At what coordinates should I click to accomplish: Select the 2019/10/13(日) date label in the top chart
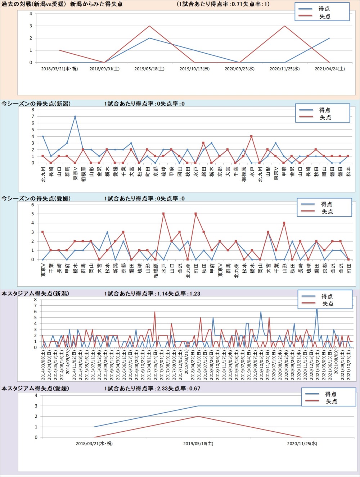[194, 69]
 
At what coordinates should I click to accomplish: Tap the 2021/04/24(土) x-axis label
[329, 69]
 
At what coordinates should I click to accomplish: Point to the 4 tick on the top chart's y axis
[31, 14]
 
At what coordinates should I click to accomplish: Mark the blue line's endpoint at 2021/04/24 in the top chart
[329, 38]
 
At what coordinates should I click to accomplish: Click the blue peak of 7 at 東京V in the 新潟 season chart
[75, 116]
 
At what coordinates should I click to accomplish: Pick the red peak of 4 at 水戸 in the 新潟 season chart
[251, 136]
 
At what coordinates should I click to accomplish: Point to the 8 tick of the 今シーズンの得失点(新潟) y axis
[33, 110]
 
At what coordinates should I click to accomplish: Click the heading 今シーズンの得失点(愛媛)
[36, 199]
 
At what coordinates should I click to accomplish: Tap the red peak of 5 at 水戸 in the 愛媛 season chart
[163, 214]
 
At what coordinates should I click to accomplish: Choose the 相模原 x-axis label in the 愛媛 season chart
[156, 271]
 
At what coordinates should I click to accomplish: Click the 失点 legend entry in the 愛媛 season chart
[327, 212]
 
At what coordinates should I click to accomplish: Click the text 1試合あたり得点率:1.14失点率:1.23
[152, 294]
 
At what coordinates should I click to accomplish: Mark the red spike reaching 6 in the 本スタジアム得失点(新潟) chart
[155, 312]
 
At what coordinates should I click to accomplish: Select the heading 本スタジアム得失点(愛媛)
[35, 389]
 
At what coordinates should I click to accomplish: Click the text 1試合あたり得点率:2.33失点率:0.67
[152, 389]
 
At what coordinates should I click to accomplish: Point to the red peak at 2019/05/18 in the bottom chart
[198, 416]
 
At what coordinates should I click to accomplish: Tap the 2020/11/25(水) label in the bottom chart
[302, 444]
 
